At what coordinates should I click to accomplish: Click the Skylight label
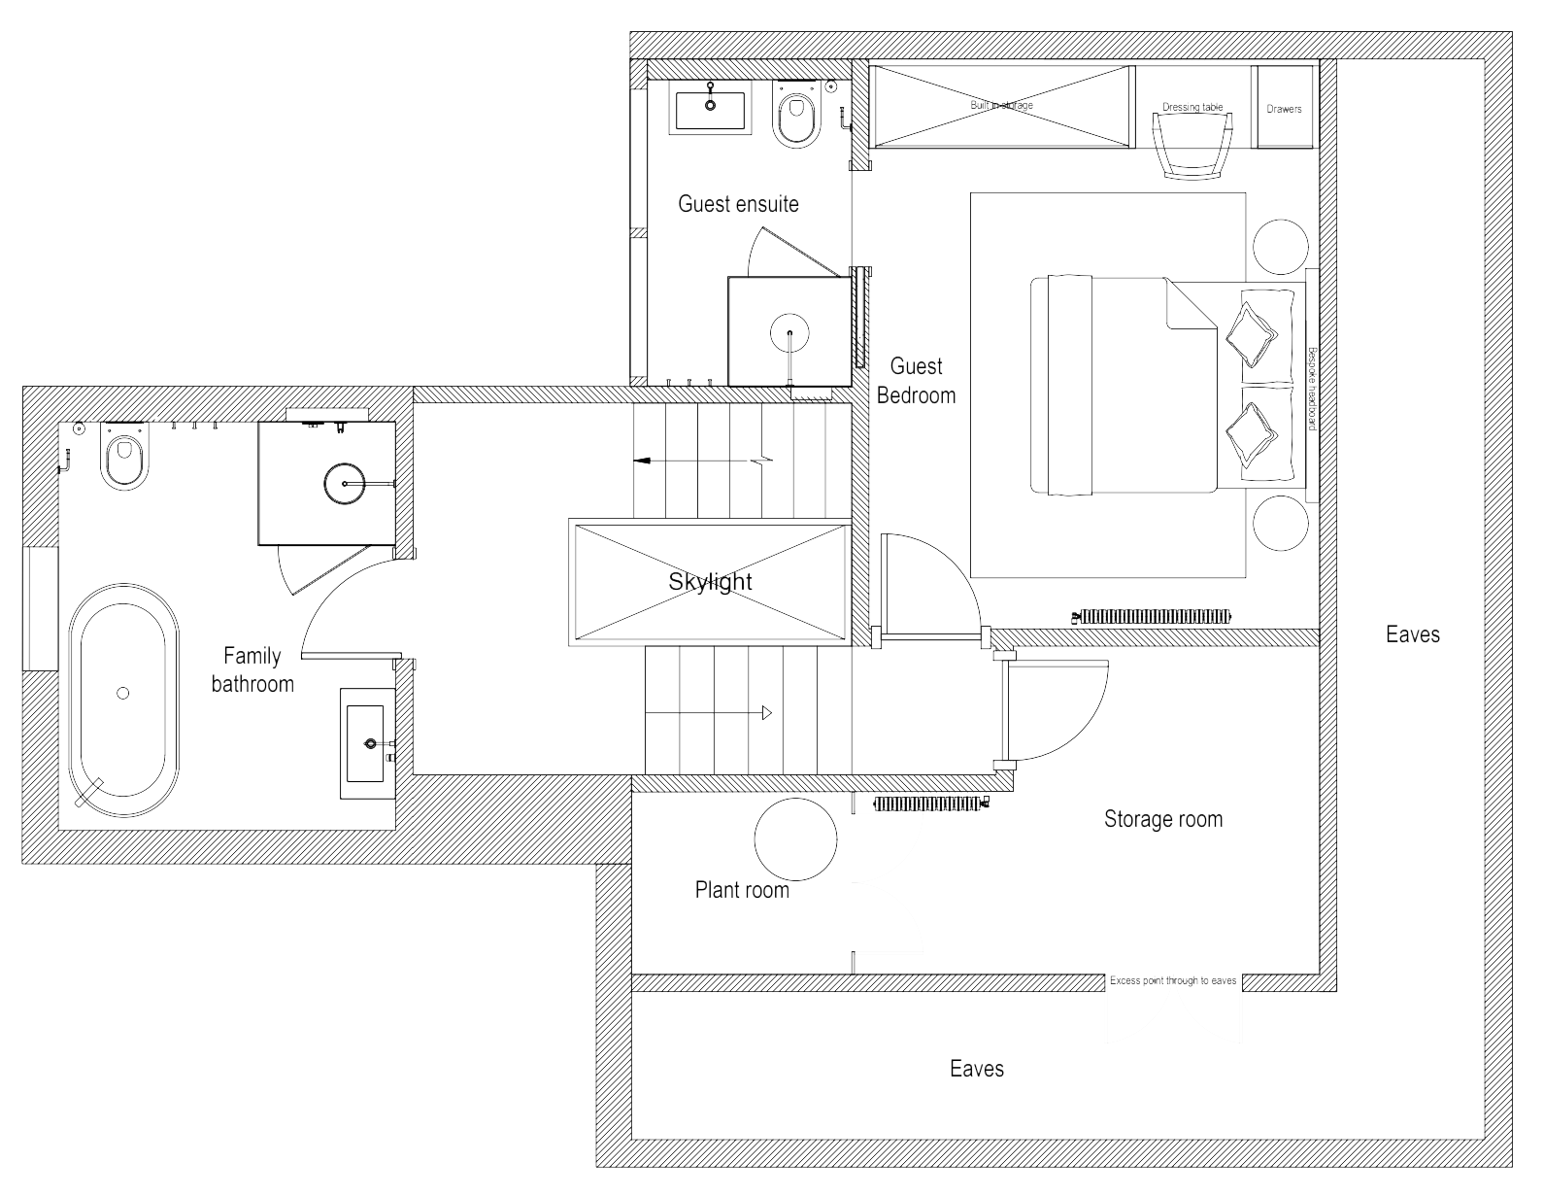pos(710,582)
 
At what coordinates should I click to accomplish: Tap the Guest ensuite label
pos(738,204)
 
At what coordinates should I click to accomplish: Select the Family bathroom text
pos(252,669)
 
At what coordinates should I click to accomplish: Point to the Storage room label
pos(1162,819)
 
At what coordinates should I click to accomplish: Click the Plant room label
pos(742,890)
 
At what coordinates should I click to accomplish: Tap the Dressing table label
pos(1192,108)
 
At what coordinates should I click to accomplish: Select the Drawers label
pos(1284,109)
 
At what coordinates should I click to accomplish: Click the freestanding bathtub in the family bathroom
pos(123,697)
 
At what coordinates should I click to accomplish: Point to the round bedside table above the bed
pos(1279,245)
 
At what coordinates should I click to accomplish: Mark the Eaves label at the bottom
pos(977,1069)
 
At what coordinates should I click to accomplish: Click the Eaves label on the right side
pos(1413,634)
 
